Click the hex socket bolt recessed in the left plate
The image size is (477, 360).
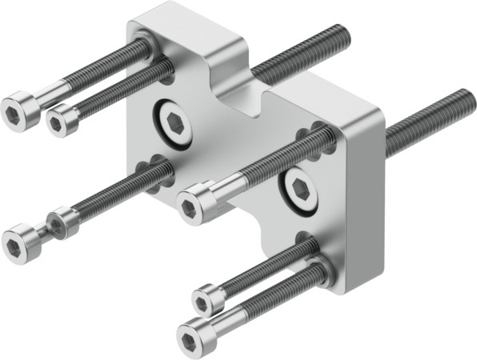pyautogui.click(x=174, y=121)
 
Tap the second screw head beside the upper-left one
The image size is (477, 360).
pyautogui.click(x=62, y=119)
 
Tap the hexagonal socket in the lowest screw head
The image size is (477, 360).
pyautogui.click(x=189, y=330)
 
